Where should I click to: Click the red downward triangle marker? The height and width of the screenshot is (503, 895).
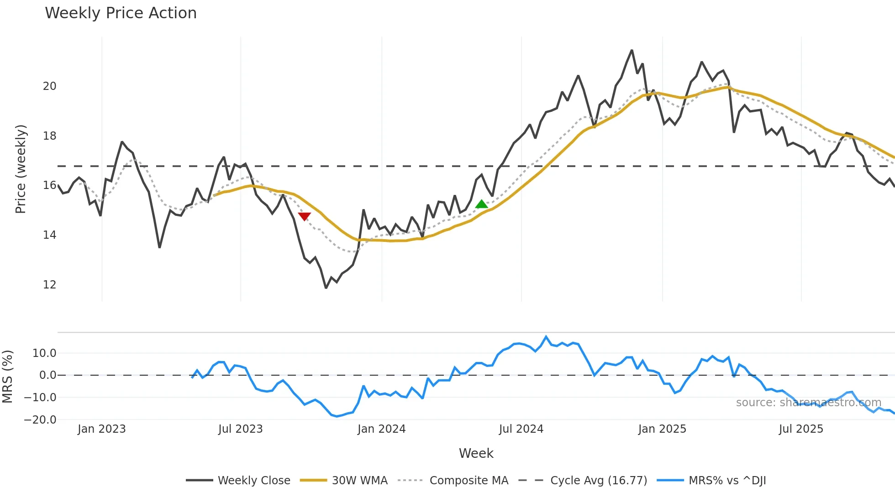pos(305,216)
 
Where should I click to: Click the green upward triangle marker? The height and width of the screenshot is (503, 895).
pos(482,204)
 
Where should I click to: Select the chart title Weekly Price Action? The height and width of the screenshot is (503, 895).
pos(121,13)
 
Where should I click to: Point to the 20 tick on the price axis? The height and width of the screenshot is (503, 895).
pos(50,86)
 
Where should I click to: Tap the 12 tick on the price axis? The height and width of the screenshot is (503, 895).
pos(50,285)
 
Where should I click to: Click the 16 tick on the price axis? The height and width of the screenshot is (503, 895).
pos(50,185)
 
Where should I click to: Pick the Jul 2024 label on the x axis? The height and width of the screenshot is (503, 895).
pos(521,429)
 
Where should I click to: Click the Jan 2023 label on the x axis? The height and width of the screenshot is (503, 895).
pos(101,429)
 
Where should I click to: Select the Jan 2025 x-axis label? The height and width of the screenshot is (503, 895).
pos(662,429)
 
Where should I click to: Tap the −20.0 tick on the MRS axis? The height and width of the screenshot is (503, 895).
pos(40,420)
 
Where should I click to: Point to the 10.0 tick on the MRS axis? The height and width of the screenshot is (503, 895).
pos(44,353)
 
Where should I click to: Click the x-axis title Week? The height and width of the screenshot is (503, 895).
pos(476,453)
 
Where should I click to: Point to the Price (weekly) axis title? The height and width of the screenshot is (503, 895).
pos(21,169)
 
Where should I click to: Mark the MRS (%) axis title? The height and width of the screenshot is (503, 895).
pos(7,377)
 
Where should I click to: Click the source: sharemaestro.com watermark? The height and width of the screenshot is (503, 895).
pos(808,403)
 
